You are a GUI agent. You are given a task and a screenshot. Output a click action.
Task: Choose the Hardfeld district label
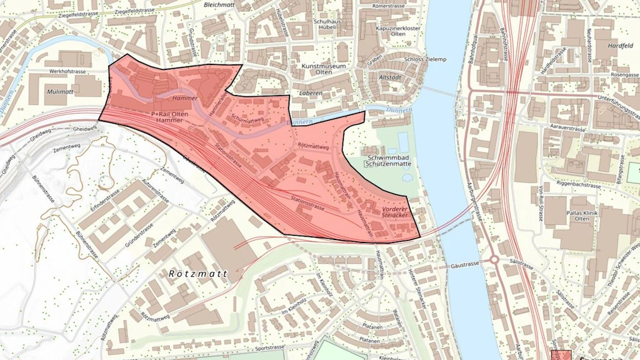click(x=621, y=46)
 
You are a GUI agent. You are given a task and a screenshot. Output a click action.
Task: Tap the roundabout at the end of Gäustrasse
click(x=494, y=259)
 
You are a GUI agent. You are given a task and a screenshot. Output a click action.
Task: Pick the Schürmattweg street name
click(x=247, y=117)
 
